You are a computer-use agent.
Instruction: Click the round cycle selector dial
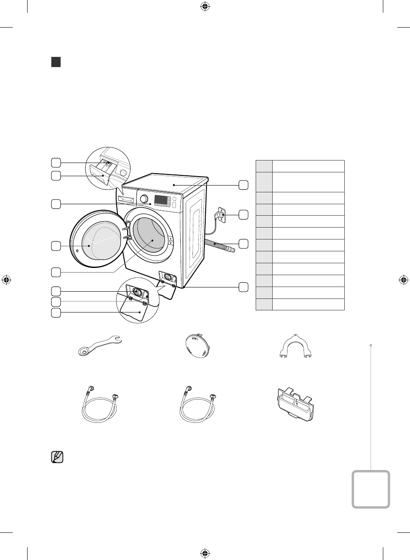144,199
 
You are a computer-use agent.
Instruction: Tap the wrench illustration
100,344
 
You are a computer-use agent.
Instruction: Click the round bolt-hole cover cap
198,346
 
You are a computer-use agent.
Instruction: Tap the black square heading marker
56,62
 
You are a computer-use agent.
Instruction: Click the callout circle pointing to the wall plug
243,215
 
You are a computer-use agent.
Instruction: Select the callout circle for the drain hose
243,244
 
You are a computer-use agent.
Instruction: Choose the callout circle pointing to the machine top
243,185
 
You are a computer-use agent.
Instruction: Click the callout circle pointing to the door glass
56,245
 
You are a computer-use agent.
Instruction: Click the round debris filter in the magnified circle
137,292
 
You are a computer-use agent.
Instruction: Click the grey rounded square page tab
371,489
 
